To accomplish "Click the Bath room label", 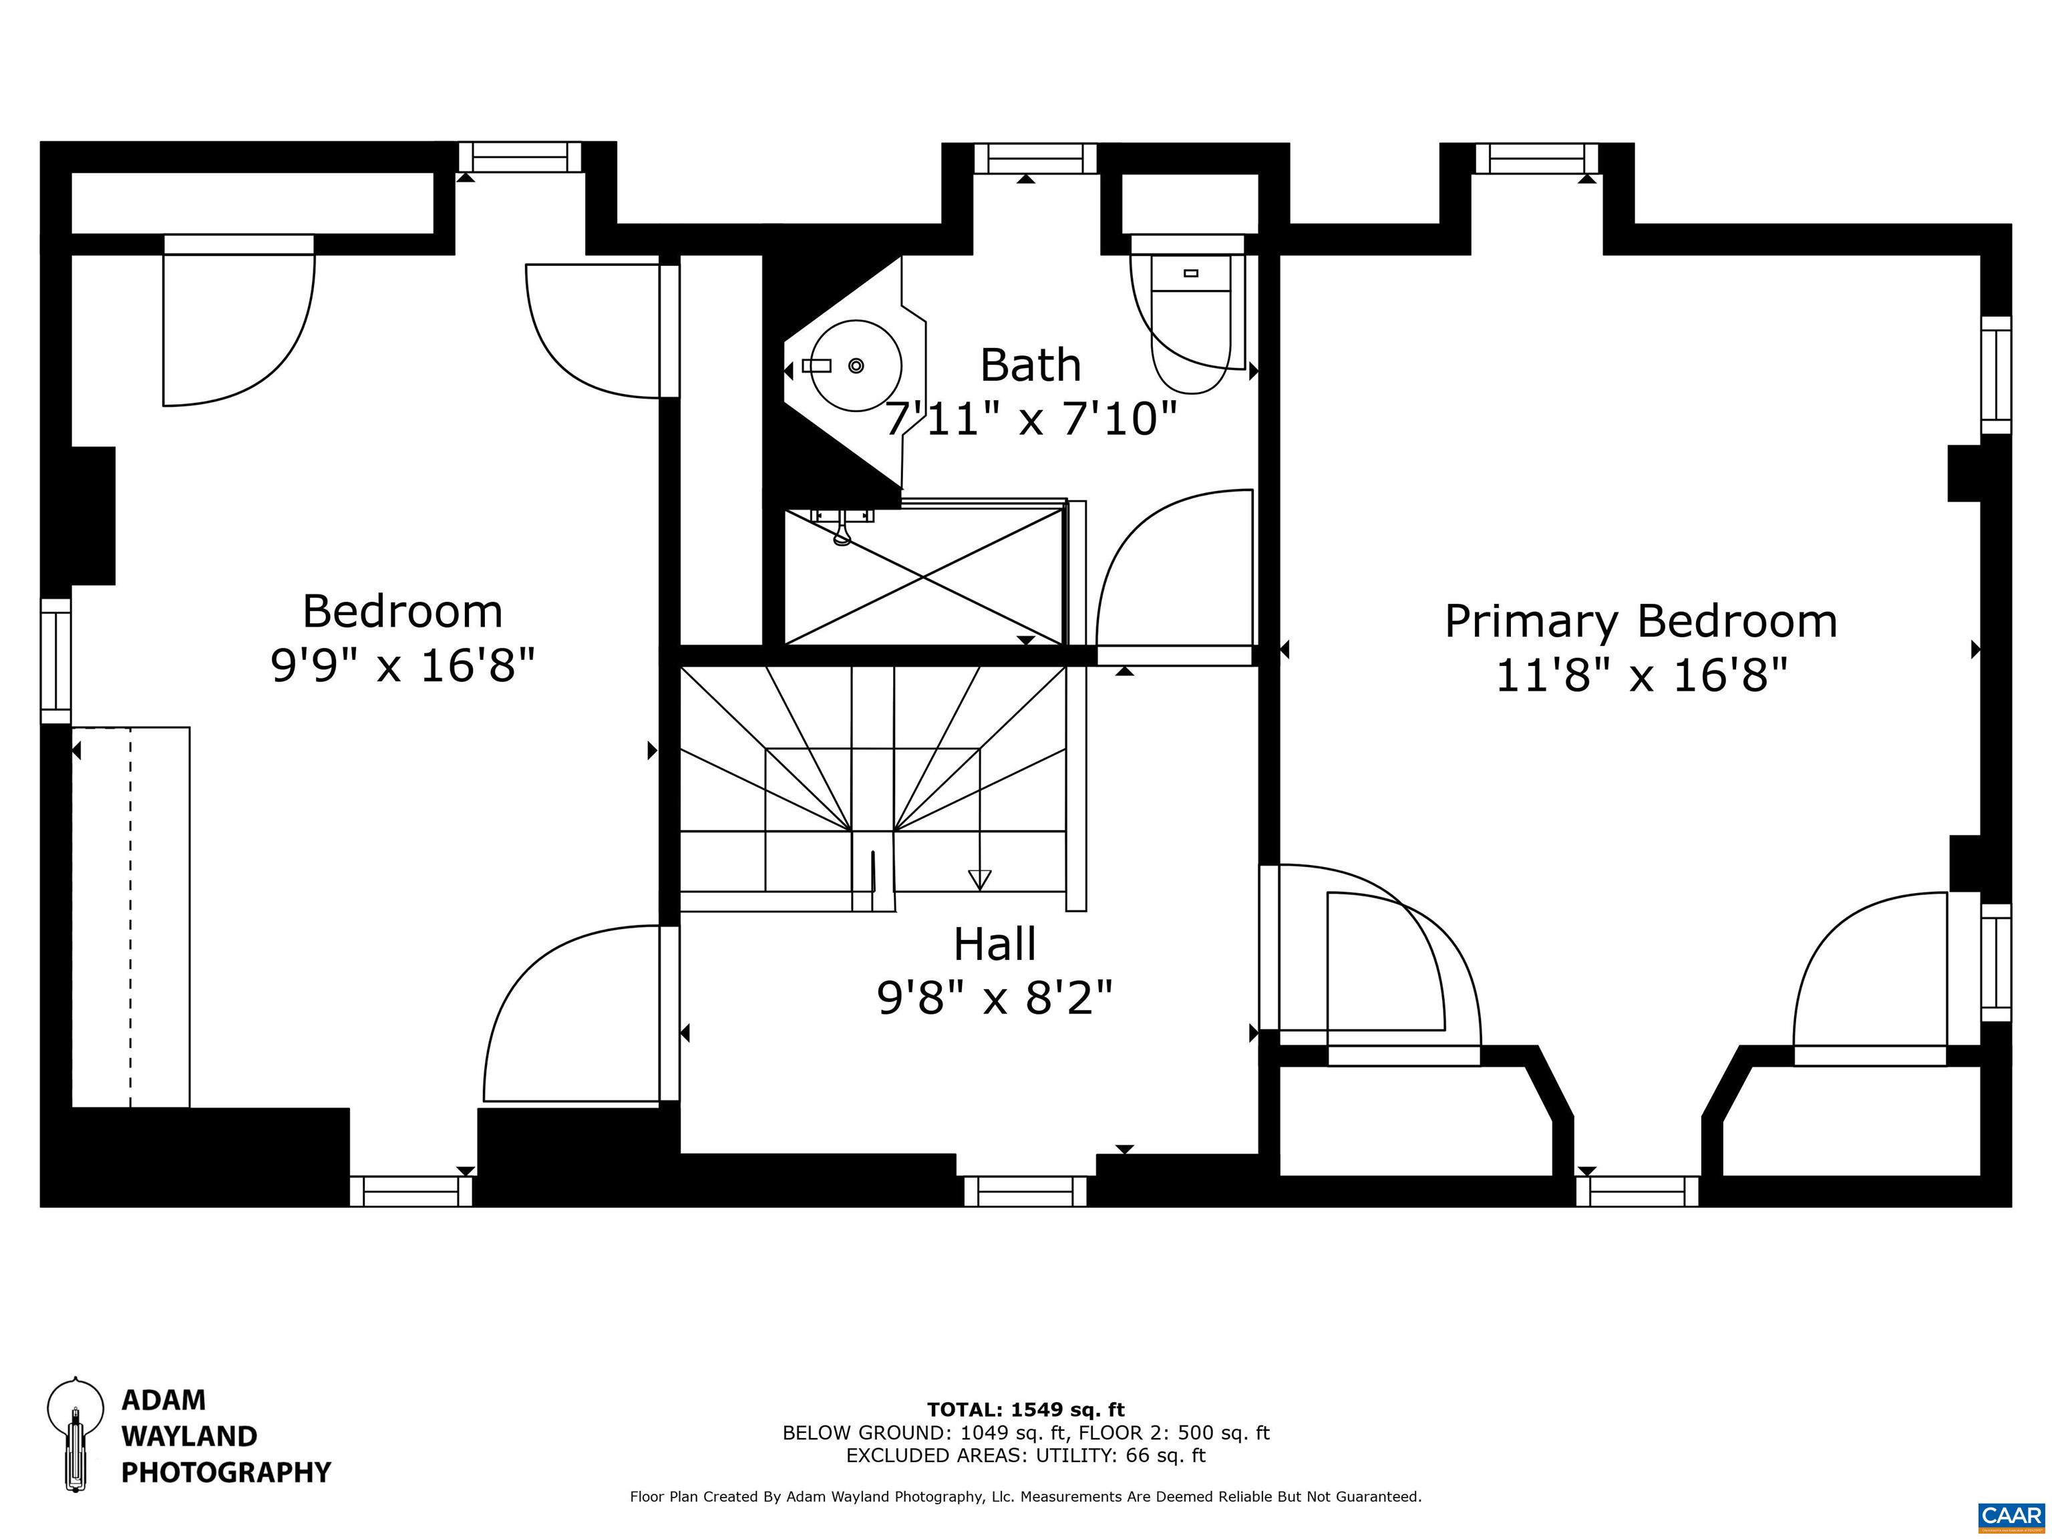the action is click(1031, 365).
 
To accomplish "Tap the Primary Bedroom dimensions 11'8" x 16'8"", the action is click(1641, 675).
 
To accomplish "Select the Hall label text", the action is click(995, 945).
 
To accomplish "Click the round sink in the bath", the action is click(854, 365).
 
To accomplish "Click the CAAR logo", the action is click(2011, 1516).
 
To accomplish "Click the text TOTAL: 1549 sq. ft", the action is click(1026, 1410).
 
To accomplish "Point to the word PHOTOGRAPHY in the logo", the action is click(226, 1472).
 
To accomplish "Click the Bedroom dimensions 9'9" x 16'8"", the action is click(403, 665).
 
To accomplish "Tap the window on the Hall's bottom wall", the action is click(1025, 1191).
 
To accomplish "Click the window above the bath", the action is click(1034, 158).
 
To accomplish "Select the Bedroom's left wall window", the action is click(55, 661).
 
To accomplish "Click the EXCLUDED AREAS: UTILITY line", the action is click(1026, 1456).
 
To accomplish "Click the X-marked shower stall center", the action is click(924, 576).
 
